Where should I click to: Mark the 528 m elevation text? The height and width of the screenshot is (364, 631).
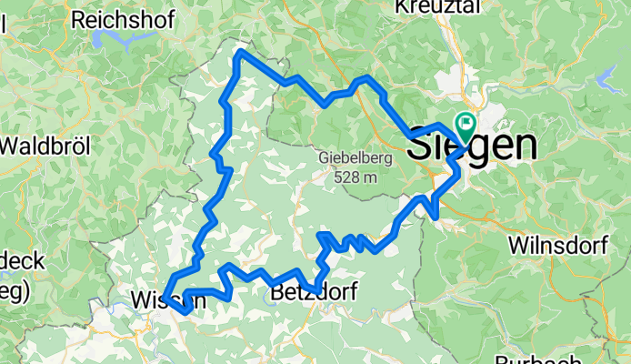click(348, 177)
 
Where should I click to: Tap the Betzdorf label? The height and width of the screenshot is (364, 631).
click(315, 292)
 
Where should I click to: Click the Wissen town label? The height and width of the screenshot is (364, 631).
click(164, 299)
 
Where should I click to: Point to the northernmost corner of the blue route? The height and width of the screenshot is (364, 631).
click(240, 52)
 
